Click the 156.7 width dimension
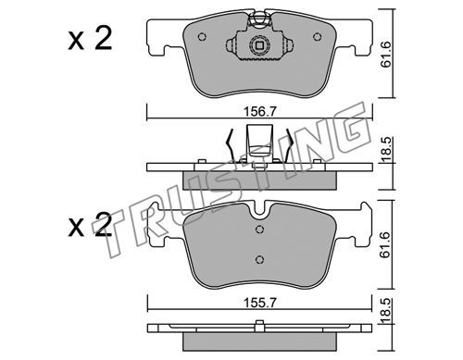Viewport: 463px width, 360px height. [259, 111]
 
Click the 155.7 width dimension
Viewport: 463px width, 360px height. [259, 304]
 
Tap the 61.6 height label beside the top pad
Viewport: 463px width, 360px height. [386, 55]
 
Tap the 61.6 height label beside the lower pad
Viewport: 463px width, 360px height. [386, 245]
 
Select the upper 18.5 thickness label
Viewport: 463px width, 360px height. [386, 150]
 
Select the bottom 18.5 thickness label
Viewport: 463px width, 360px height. [386, 311]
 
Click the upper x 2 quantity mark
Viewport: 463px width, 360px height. [90, 39]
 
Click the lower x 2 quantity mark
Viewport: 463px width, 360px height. [90, 226]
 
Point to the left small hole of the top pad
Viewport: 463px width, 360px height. [202, 37]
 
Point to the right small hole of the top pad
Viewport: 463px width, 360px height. [317, 37]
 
